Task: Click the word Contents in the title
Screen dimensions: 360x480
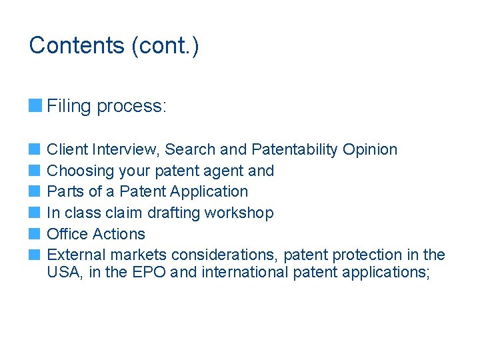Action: pyautogui.click(x=77, y=45)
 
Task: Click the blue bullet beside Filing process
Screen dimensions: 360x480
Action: pyautogui.click(x=35, y=105)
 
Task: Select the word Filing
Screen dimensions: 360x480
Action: pyautogui.click(x=70, y=106)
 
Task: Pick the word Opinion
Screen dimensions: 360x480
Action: pyautogui.click(x=370, y=150)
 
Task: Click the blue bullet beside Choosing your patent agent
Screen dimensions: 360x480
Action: pyautogui.click(x=35, y=171)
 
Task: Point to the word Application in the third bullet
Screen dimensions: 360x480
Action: pyautogui.click(x=209, y=192)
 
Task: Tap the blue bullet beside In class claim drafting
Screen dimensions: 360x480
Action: pyautogui.click(x=35, y=213)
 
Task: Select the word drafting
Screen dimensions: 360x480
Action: pyautogui.click(x=172, y=213)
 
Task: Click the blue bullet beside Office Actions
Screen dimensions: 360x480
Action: pyautogui.click(x=35, y=234)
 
